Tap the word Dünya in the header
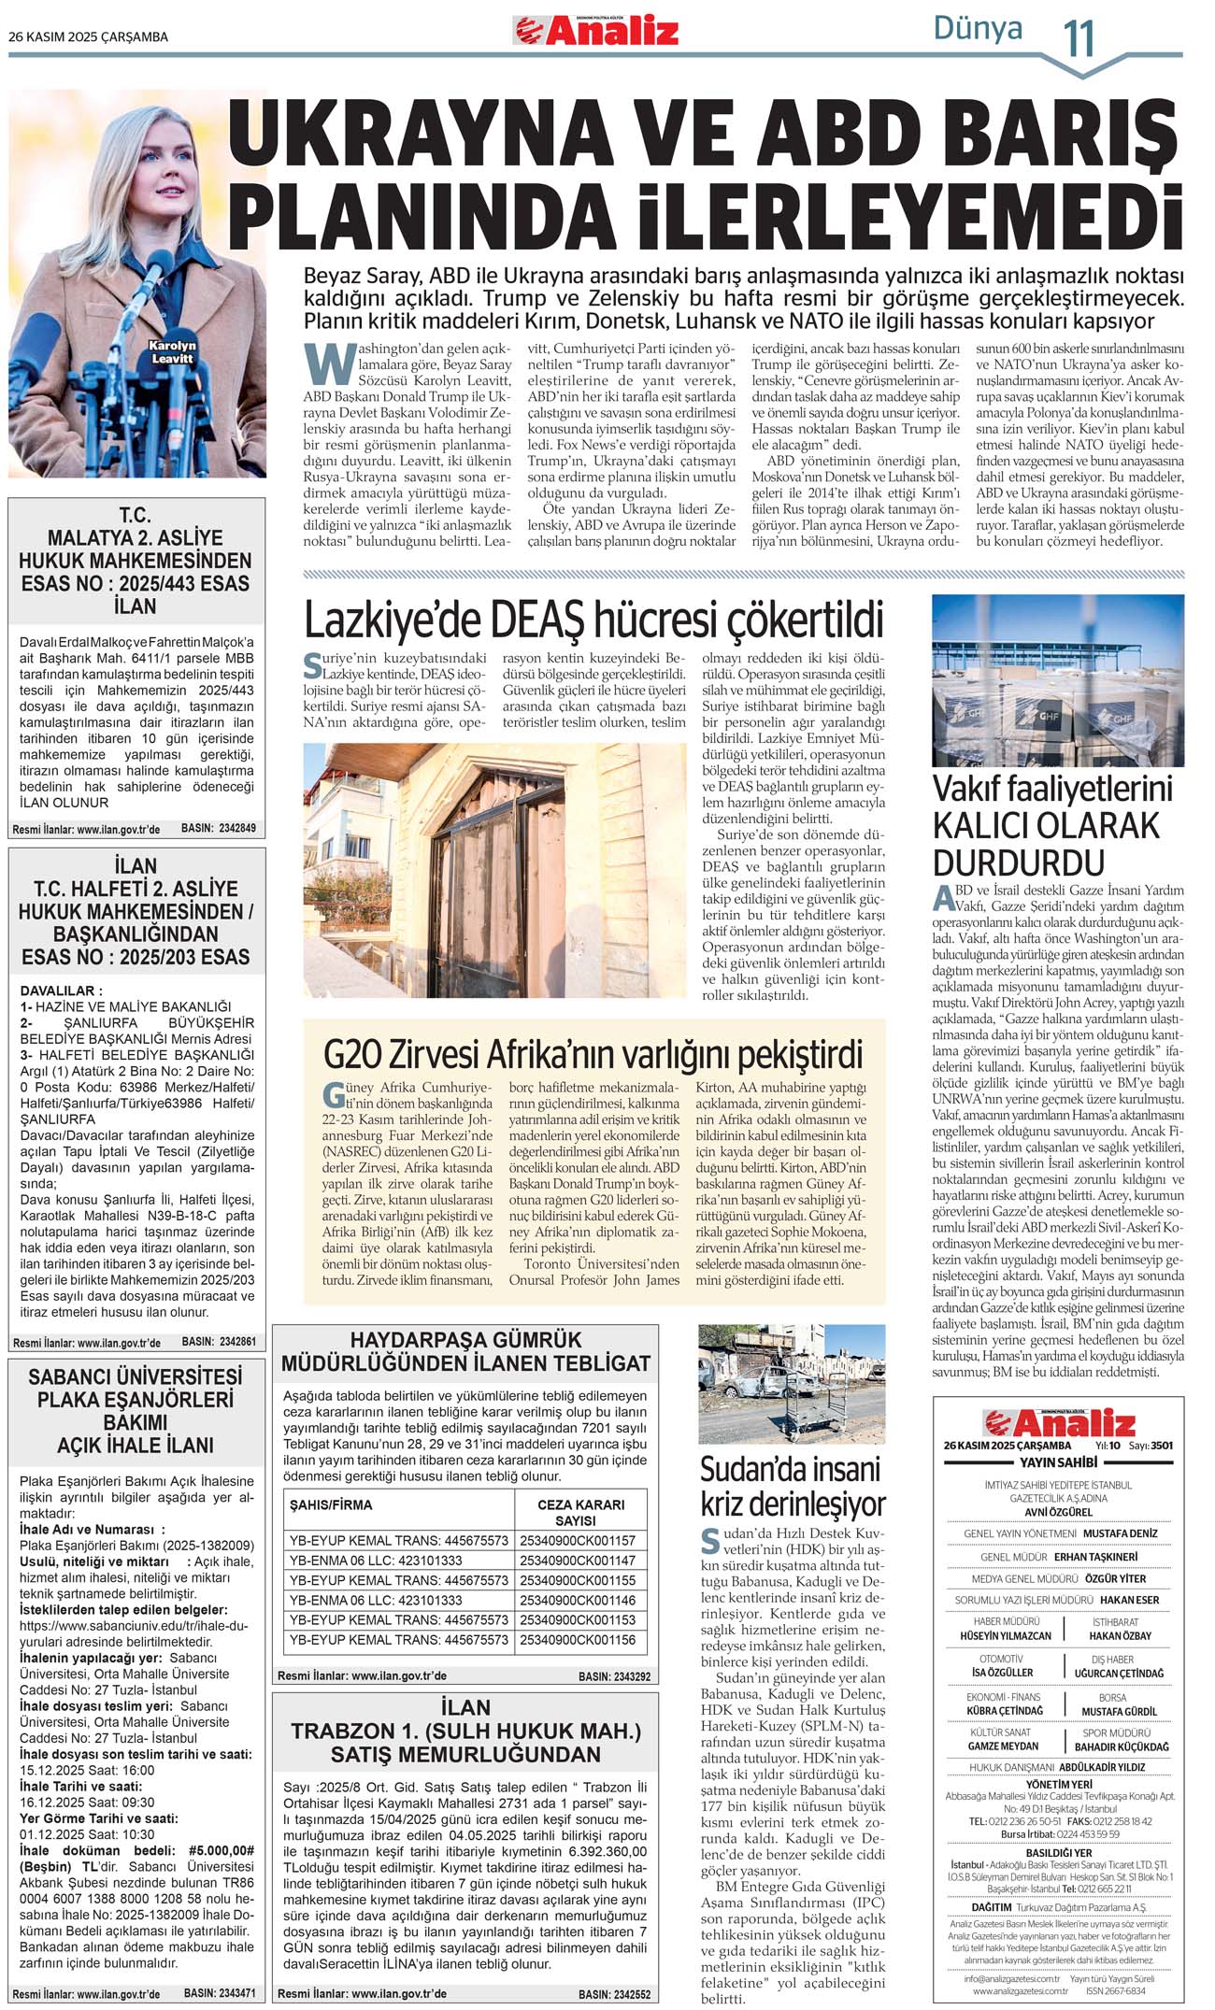coord(978,29)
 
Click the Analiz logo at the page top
coord(596,32)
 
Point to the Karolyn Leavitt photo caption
coord(172,351)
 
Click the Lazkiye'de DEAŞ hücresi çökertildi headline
coord(593,619)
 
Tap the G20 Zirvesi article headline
coord(593,1053)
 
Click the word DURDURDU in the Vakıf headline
coord(1007,862)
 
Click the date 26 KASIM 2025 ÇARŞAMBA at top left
coord(88,37)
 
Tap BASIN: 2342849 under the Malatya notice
coord(218,828)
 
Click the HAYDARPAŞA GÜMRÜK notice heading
coord(465,1351)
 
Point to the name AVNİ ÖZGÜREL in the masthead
coord(1058,1511)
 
